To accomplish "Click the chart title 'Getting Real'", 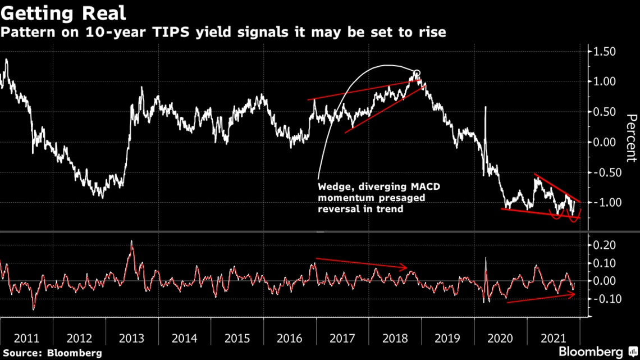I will [x=63, y=12].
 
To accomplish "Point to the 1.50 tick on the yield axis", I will [x=601, y=52].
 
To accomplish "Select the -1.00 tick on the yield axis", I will [x=601, y=202].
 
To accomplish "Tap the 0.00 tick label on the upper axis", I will [x=601, y=142].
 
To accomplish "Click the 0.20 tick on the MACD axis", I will [x=601, y=245].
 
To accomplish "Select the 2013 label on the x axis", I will [x=132, y=338].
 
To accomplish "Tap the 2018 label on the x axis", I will [x=396, y=338].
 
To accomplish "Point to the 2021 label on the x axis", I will [x=553, y=338].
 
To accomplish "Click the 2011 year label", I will [x=26, y=338].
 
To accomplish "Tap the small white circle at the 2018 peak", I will [x=416, y=73].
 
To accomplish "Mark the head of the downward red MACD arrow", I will [x=406, y=268].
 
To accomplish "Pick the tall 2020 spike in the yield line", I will [x=484, y=108].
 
